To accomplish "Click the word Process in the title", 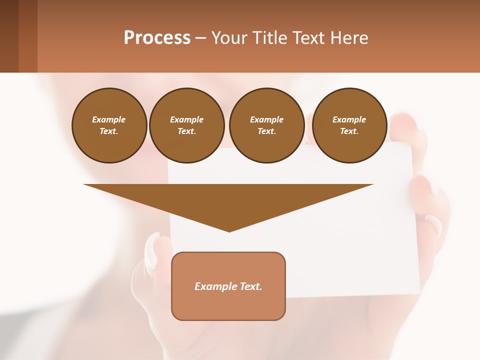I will (157, 38).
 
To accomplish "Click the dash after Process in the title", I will (201, 38).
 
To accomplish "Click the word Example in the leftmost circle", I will (109, 119).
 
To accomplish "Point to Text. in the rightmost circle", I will (349, 131).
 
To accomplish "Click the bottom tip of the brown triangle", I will (229, 231).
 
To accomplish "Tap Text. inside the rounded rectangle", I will (251, 286).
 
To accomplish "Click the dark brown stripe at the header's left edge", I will (9, 36).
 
